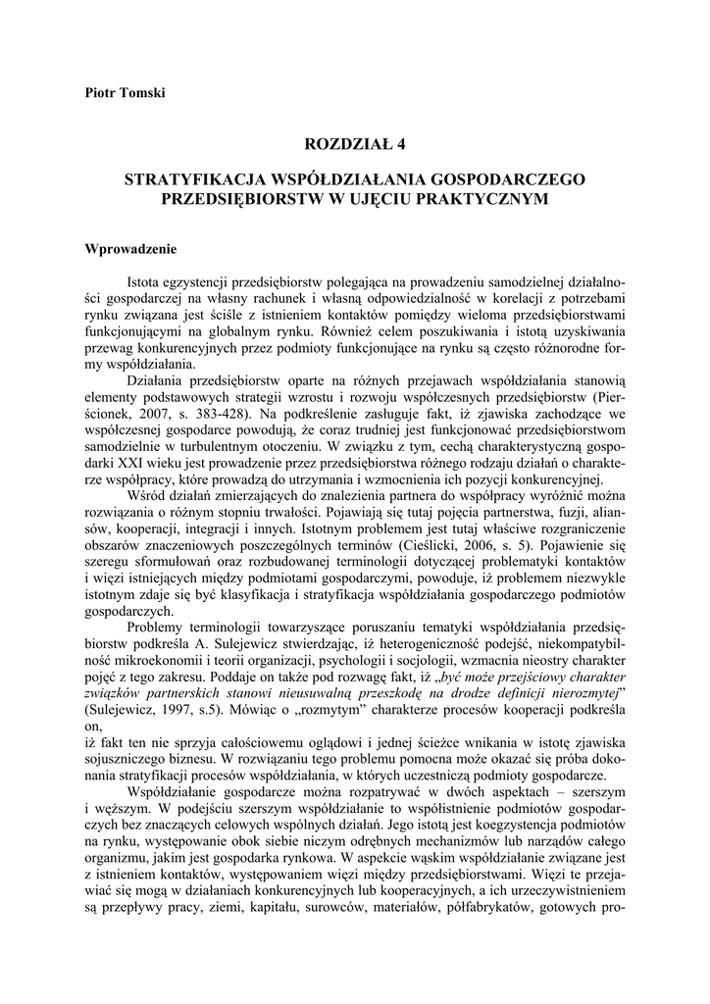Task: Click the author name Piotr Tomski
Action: (x=125, y=93)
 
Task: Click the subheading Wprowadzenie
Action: (x=130, y=248)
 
